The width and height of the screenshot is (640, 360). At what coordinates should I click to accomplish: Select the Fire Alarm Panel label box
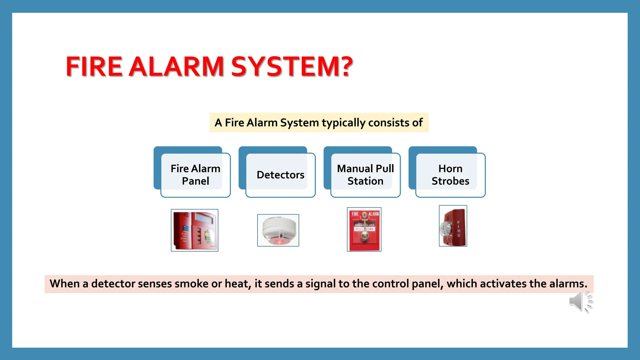click(x=195, y=175)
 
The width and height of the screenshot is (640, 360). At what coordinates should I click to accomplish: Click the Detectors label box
click(x=280, y=175)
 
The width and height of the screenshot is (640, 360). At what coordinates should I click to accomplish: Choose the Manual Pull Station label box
click(x=365, y=175)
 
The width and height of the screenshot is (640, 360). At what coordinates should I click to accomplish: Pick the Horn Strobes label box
click(x=450, y=175)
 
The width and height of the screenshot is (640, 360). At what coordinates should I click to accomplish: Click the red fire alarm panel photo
click(x=194, y=230)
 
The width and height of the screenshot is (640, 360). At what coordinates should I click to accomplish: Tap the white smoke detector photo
click(x=278, y=230)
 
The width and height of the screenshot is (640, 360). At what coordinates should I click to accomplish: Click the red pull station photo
click(x=364, y=229)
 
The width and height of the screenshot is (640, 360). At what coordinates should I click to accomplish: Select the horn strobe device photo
click(x=453, y=226)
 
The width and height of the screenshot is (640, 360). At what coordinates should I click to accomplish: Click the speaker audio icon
click(x=580, y=301)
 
